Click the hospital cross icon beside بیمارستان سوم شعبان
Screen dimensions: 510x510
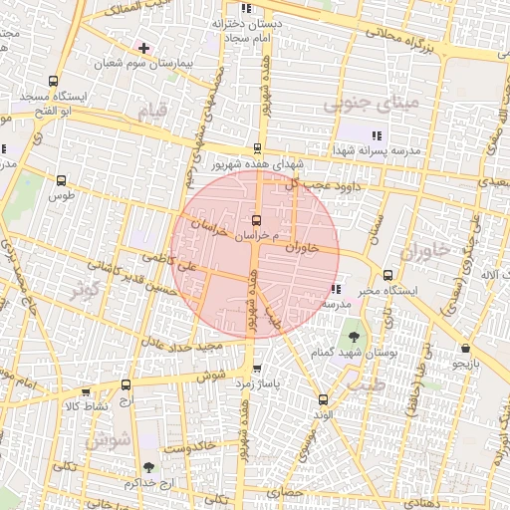pos(144,48)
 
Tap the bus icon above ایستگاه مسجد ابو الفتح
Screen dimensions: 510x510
pos(52,83)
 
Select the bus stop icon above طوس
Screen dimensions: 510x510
pos(62,180)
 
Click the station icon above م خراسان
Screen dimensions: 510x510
pos(257,219)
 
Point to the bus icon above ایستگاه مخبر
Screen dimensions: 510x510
pos(387,275)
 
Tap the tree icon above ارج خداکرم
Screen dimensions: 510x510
pos(148,466)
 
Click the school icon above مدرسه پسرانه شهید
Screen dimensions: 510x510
pos(376,135)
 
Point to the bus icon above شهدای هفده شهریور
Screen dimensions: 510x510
pos(257,148)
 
